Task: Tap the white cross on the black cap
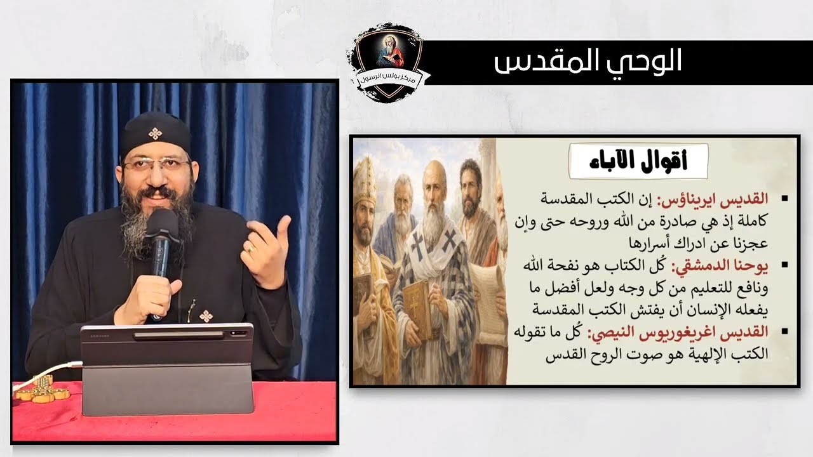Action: (154, 133)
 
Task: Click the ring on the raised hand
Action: (251, 249)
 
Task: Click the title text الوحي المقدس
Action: (588, 62)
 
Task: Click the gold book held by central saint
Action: (418, 308)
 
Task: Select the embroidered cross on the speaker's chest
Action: (205, 315)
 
